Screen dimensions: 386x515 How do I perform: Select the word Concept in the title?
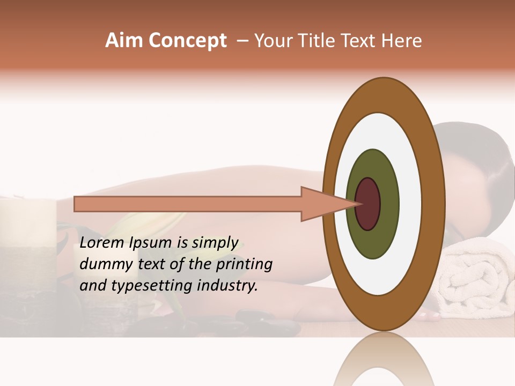tap(188, 41)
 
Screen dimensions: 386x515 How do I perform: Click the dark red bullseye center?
tap(368, 204)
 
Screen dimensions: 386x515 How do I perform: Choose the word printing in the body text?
tap(245, 265)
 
